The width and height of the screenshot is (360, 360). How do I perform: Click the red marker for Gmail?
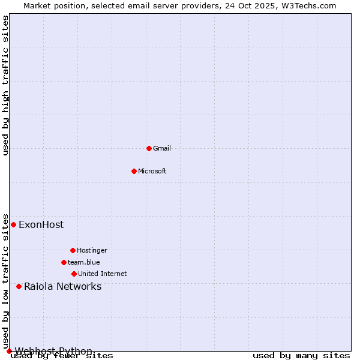point(149,148)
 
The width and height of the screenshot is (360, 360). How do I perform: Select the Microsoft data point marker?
point(134,171)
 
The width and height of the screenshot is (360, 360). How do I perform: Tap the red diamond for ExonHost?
point(13,224)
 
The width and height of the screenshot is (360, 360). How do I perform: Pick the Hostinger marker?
point(73,250)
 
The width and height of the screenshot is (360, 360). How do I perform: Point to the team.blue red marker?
point(64,262)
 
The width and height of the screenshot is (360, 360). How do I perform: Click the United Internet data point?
point(74,274)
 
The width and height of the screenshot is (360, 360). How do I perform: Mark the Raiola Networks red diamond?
point(19,286)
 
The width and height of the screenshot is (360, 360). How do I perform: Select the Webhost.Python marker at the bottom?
point(9,351)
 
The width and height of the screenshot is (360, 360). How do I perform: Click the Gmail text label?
point(162,148)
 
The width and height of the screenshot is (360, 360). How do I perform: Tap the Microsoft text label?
point(152,171)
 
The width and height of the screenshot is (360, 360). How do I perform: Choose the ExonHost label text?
point(41,225)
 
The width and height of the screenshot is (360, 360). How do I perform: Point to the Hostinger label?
point(92,250)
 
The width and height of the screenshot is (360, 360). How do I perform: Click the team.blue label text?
point(84,262)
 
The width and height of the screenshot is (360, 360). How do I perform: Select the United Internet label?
point(103,274)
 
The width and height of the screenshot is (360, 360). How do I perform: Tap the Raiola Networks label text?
point(62,286)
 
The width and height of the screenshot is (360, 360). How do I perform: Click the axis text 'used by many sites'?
point(301,356)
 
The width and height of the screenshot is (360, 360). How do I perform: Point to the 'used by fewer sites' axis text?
point(62,356)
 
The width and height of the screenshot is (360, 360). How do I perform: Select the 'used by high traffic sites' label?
point(6,86)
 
